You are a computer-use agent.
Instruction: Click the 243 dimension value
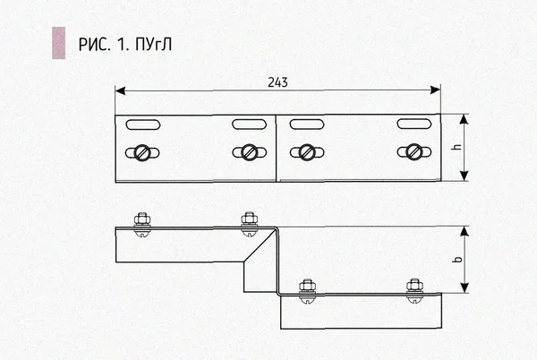click(x=277, y=82)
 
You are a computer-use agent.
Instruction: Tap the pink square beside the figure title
click(x=58, y=43)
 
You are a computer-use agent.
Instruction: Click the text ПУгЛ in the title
click(x=153, y=44)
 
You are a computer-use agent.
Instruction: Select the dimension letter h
click(x=456, y=147)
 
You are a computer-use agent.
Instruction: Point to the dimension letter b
click(x=456, y=259)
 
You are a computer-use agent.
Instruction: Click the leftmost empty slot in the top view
click(x=143, y=124)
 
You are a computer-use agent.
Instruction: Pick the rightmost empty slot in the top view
click(x=414, y=124)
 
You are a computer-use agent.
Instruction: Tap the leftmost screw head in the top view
click(x=142, y=153)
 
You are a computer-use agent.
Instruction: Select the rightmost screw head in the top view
click(x=414, y=151)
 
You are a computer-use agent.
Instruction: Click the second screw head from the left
click(x=249, y=152)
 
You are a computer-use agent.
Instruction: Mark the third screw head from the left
click(x=307, y=152)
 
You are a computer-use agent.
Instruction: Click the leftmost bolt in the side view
click(x=142, y=225)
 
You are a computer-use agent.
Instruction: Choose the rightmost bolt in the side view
click(x=414, y=290)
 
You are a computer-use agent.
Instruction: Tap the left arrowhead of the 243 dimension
click(x=120, y=90)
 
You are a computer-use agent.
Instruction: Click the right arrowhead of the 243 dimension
click(x=436, y=90)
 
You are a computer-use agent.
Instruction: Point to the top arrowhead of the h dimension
click(x=464, y=119)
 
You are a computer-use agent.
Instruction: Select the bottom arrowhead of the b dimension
click(x=464, y=287)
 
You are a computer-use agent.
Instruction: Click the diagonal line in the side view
click(x=260, y=246)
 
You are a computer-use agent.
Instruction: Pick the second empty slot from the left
click(x=250, y=124)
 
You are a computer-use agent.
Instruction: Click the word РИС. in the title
click(x=94, y=45)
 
